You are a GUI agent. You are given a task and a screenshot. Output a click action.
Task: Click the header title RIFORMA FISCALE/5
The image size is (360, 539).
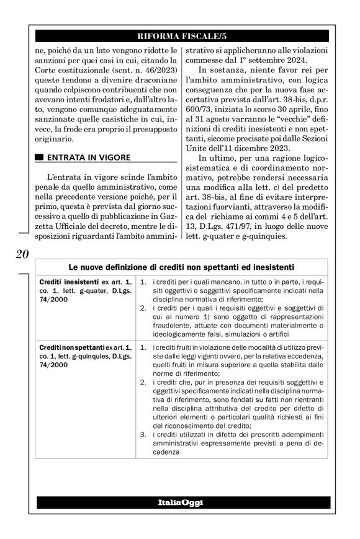[180, 35]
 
